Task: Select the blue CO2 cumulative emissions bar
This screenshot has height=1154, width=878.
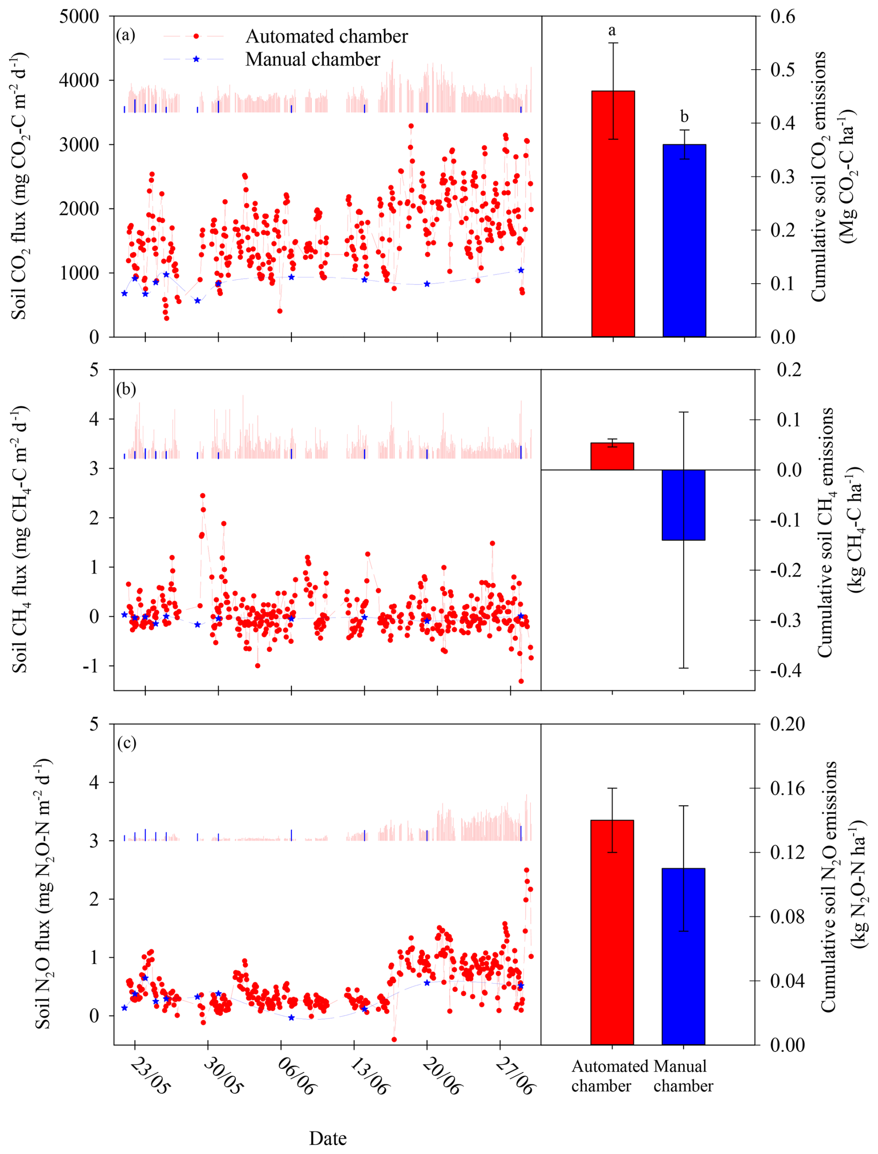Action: pos(684,240)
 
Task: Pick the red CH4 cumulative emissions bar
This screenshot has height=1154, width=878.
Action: pos(612,456)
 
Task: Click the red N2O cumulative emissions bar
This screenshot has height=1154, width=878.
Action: pos(612,933)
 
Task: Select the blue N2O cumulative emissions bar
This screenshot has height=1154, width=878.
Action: pos(683,956)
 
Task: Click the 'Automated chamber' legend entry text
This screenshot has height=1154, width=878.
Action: pos(327,37)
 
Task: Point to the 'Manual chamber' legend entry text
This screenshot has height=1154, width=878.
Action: pos(312,59)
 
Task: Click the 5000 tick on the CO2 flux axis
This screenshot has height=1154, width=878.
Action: pos(79,16)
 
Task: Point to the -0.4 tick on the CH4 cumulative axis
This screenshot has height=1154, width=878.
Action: pos(785,670)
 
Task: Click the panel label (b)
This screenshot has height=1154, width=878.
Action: pos(126,389)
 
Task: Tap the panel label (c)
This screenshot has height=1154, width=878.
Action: pos(126,743)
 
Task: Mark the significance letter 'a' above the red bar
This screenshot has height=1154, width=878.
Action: pos(612,30)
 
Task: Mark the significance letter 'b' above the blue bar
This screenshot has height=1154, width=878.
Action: pos(684,117)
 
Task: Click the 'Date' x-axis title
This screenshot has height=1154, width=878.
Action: pos(328,1138)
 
